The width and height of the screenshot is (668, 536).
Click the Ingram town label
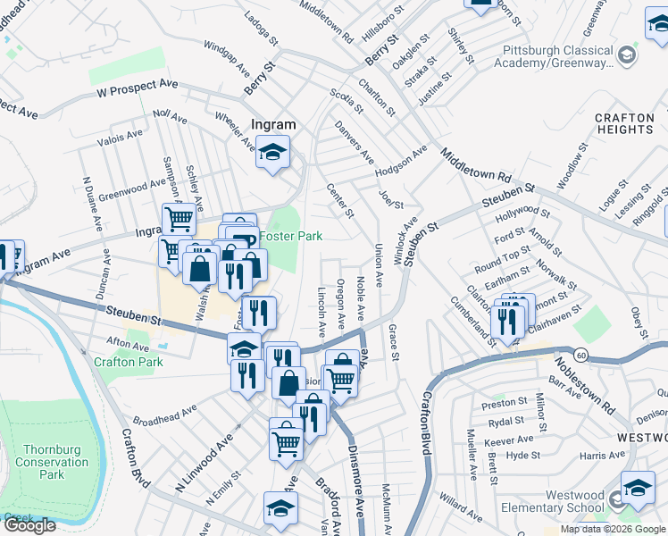(272, 126)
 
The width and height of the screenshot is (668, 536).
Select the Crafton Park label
(129, 362)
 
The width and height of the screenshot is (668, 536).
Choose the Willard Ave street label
(461, 509)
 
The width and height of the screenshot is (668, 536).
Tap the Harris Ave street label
(602, 456)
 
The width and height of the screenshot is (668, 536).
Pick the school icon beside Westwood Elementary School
(638, 488)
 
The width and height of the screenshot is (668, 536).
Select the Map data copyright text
(614, 529)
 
